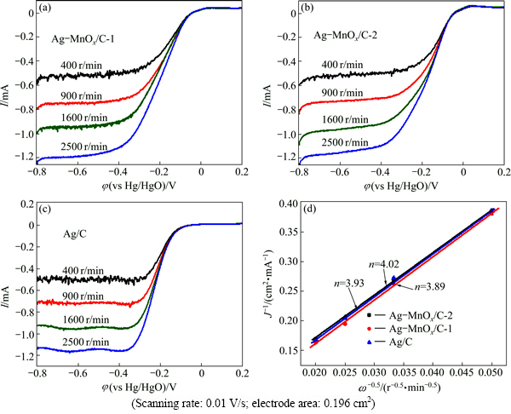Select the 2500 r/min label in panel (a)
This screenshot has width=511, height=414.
click(x=85, y=148)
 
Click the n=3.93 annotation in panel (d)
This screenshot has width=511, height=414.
click(x=344, y=282)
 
